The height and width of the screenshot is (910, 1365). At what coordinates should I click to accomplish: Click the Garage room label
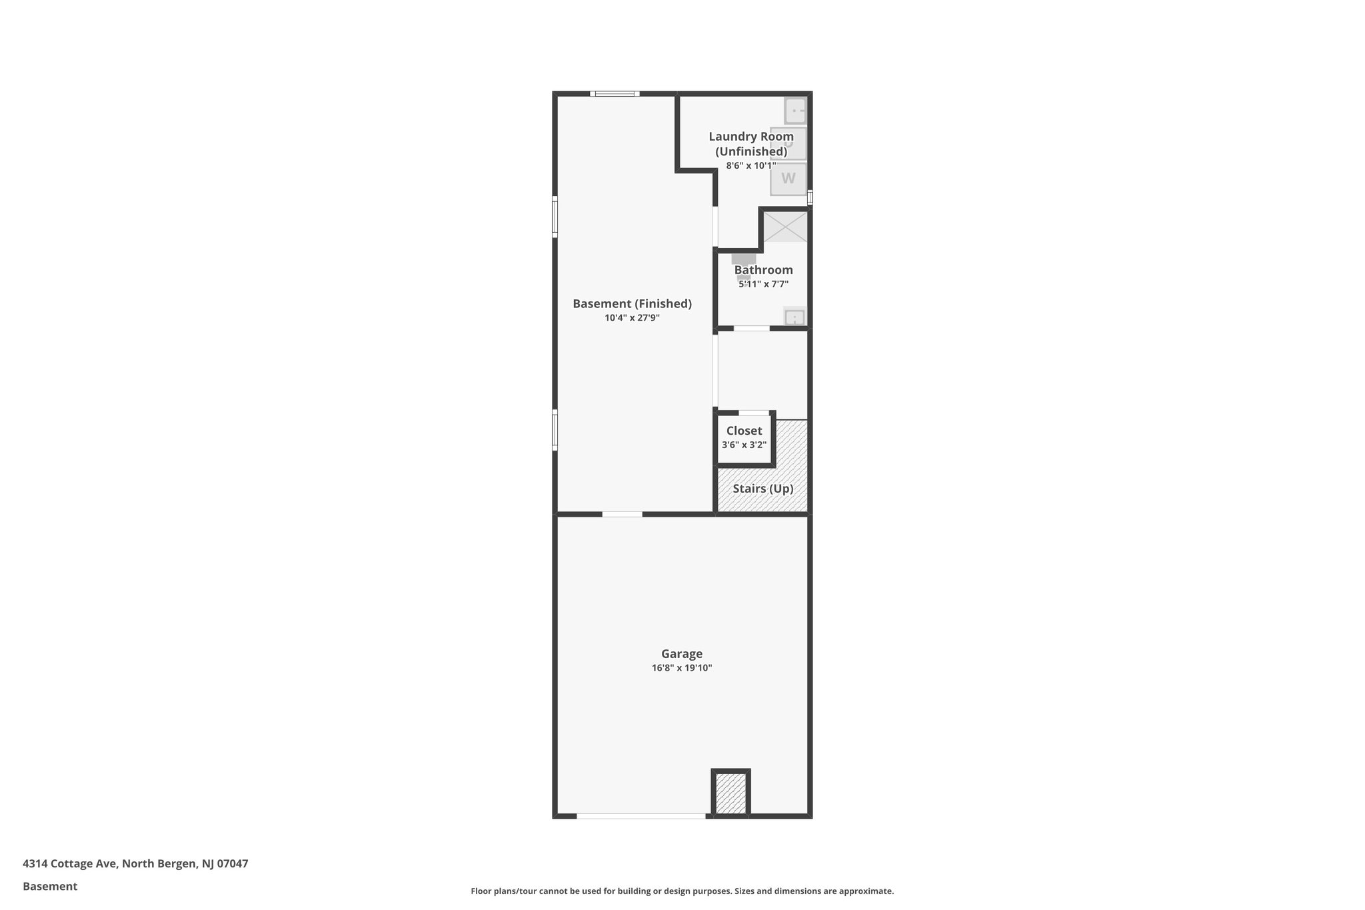[681, 654]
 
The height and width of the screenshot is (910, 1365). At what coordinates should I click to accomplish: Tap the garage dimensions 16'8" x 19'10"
[681, 668]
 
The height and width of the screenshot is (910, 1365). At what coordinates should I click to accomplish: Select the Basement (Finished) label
[632, 304]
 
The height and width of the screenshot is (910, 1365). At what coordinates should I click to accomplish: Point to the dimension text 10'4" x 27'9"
[632, 318]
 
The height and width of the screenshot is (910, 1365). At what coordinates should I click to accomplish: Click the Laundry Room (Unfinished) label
[751, 144]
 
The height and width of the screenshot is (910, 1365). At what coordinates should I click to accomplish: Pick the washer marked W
[788, 179]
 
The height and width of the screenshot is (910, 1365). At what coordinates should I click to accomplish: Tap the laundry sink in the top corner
[795, 111]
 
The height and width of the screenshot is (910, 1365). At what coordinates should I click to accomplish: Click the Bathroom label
[763, 270]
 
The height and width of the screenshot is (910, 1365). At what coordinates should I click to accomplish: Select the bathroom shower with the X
[785, 227]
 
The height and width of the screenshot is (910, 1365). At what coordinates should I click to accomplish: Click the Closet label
[744, 431]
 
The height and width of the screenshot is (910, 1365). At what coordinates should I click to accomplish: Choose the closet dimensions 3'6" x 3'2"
[744, 445]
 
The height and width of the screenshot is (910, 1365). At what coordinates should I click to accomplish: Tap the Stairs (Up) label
[762, 489]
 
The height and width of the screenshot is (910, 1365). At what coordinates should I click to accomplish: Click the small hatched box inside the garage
[731, 793]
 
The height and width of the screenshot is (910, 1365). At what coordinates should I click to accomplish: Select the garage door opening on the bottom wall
[641, 816]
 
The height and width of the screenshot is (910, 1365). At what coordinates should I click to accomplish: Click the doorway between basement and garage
[622, 514]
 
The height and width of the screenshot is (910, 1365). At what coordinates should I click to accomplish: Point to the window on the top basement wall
[615, 93]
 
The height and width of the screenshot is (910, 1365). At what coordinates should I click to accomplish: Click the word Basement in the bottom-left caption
[50, 887]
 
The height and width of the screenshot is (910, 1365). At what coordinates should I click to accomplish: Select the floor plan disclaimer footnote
[682, 891]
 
